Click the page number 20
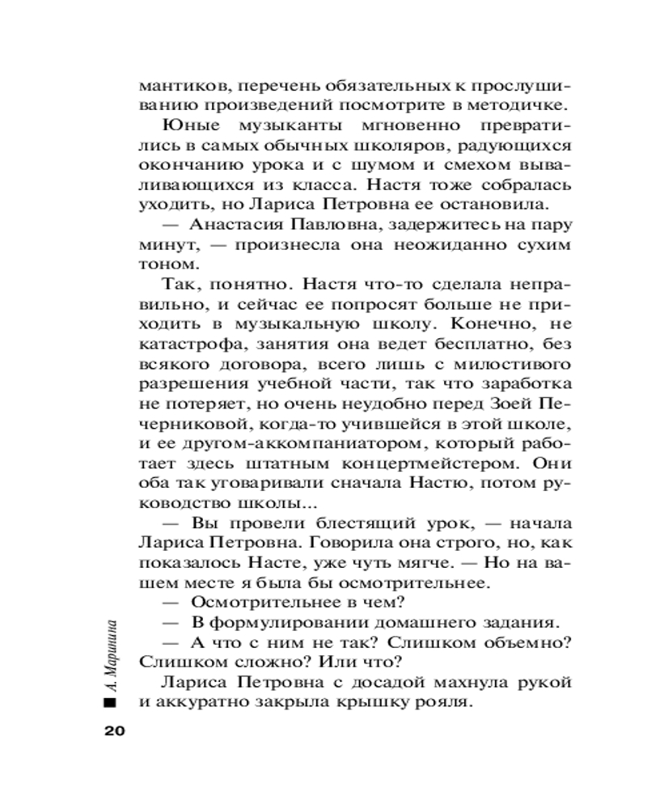tap(113, 731)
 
